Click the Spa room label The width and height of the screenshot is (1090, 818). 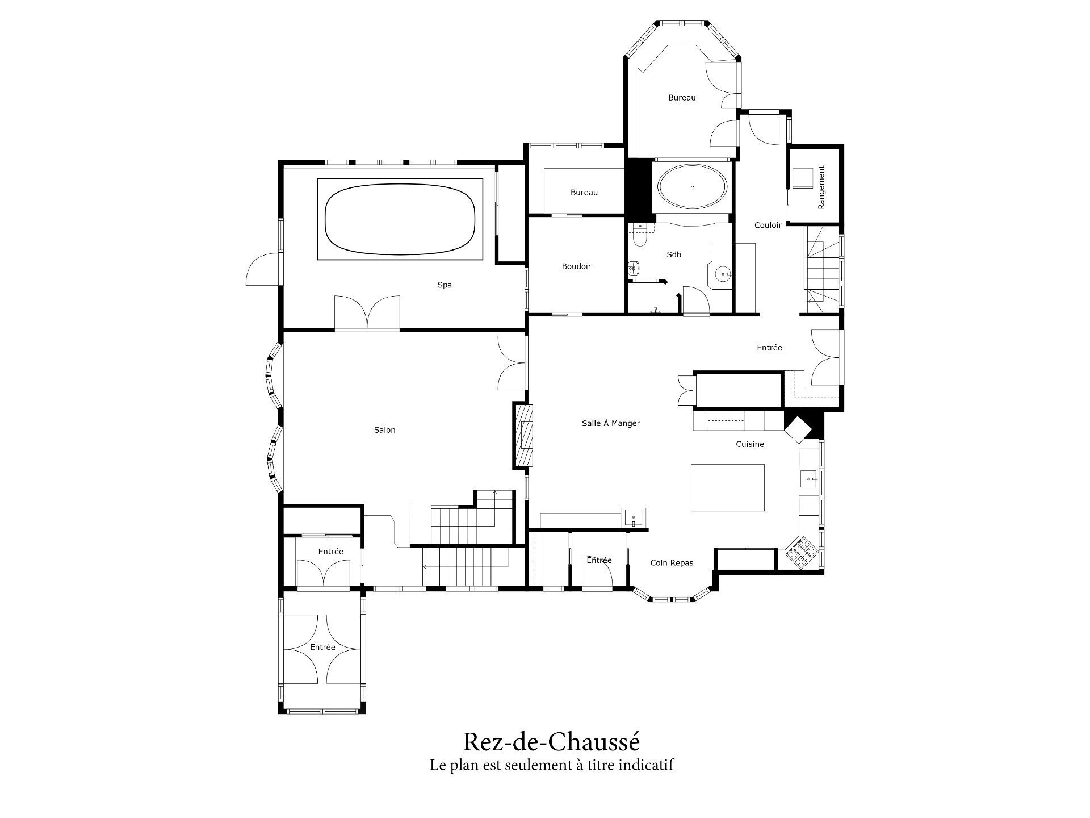coord(445,285)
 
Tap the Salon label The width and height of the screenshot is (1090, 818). coord(384,430)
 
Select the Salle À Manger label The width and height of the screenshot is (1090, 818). coord(611,423)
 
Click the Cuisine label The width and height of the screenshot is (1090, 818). coord(750,444)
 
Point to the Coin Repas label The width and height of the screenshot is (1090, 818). coord(672,563)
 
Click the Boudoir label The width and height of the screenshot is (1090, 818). coord(576,266)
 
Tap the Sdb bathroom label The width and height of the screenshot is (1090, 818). coord(674,254)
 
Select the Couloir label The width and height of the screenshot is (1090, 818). coord(768,225)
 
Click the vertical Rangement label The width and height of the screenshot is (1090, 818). coord(821,187)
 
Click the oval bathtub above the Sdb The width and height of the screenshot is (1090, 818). coord(691,186)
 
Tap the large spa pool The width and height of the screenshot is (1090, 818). coord(400,219)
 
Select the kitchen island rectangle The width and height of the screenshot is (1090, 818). coord(727,487)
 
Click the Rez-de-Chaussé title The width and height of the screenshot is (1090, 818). coord(551,742)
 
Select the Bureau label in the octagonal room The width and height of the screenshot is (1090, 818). coord(682,98)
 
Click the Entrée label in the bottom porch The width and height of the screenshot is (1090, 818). coord(322,647)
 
